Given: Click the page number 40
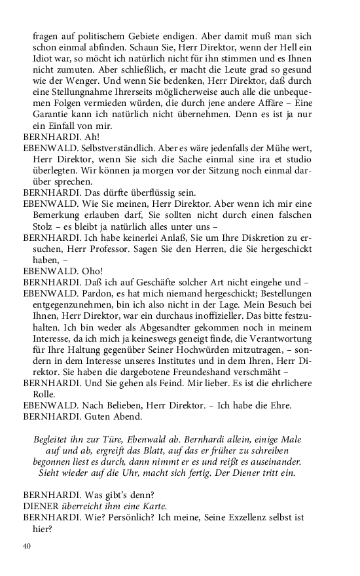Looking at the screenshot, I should tap(27, 546).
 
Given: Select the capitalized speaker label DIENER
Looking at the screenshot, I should tap(41, 506).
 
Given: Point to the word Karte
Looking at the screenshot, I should tap(152, 506).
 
